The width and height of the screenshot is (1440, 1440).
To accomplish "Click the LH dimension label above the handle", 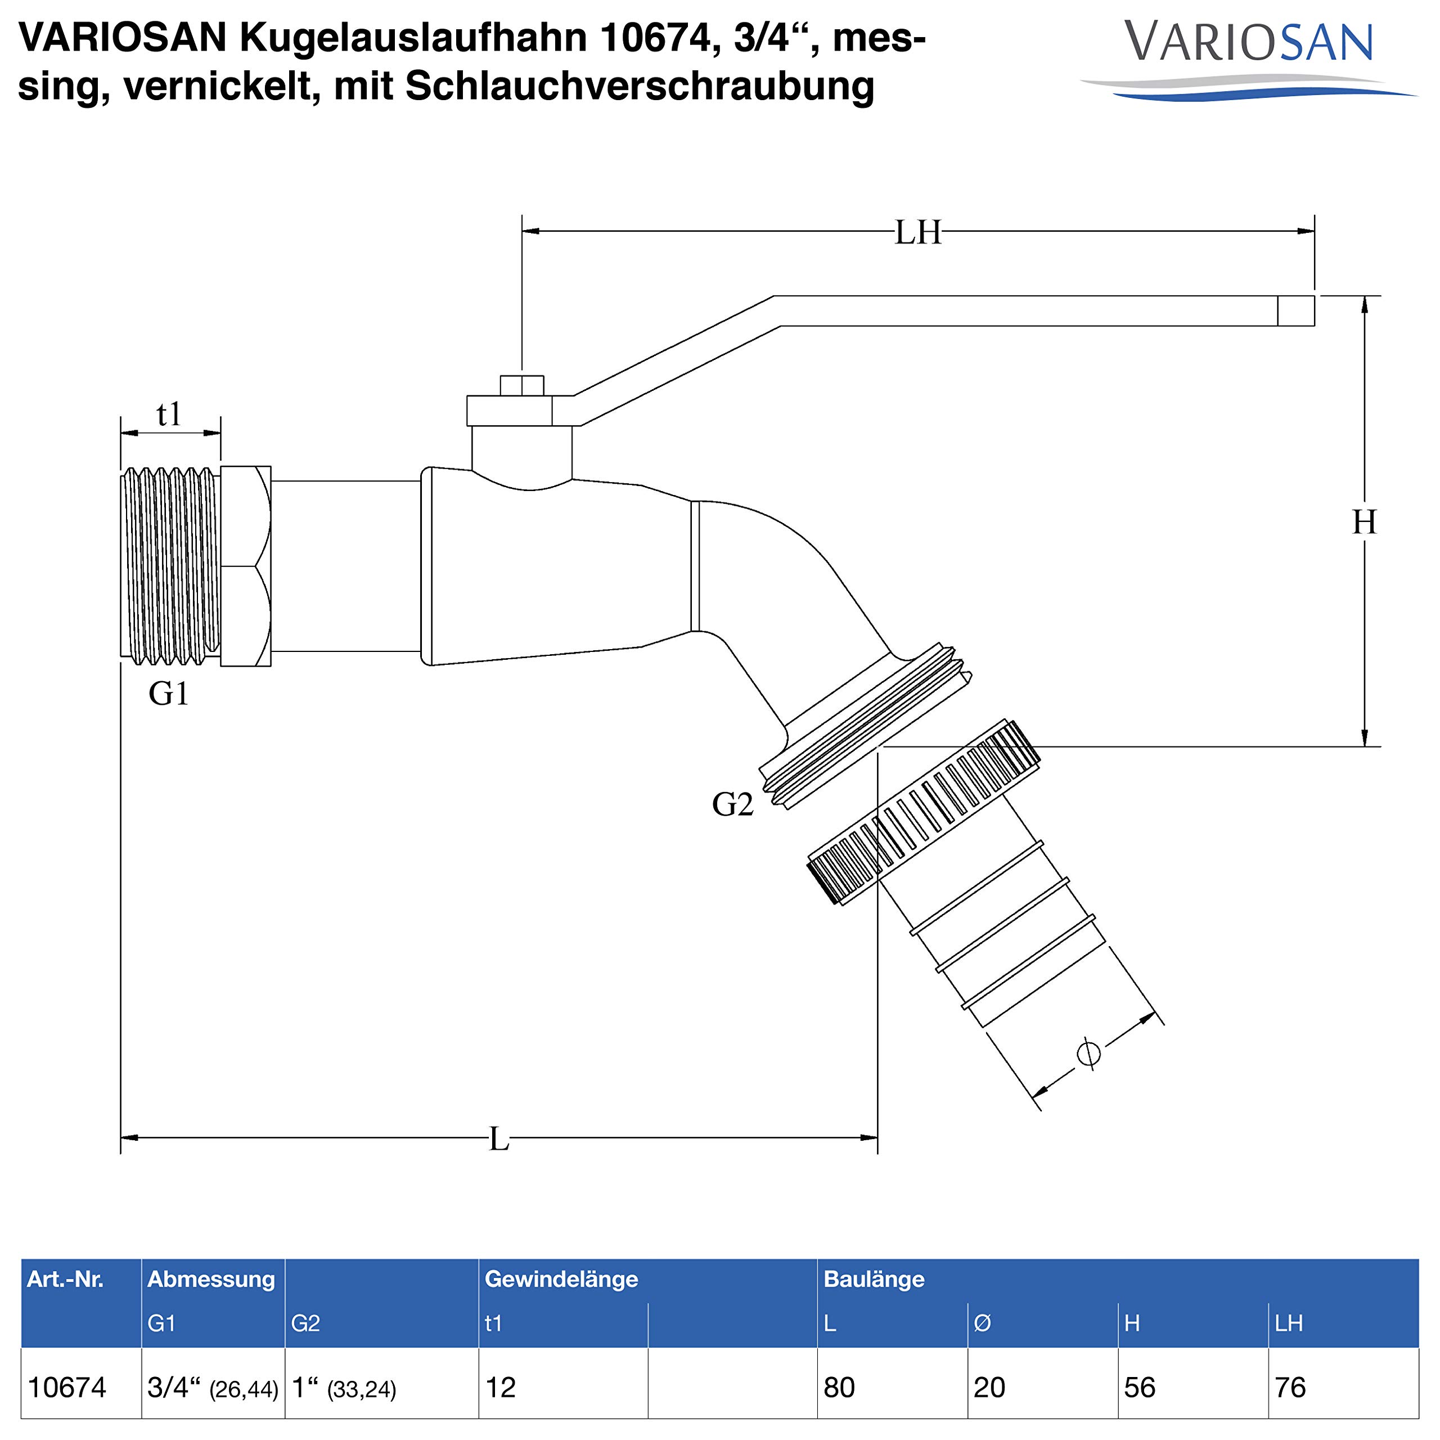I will [x=917, y=232].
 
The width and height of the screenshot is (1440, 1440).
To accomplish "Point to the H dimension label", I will [x=1364, y=523].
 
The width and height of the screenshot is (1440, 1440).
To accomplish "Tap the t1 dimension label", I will [x=169, y=415].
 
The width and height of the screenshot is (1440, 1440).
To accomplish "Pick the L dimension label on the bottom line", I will [x=498, y=1139].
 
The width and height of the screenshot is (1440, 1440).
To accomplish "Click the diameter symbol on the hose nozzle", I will [x=1089, y=1053].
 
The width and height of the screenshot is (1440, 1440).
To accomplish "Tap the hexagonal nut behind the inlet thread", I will [x=246, y=566].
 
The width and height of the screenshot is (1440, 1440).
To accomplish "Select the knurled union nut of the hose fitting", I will [x=924, y=812].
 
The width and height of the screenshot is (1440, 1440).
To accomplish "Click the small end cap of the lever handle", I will [x=1295, y=311].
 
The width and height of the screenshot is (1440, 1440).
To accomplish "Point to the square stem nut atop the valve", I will [x=522, y=385].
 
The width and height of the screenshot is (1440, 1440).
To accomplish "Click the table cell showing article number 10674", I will [x=67, y=1387].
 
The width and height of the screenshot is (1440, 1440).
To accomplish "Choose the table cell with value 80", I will [x=839, y=1387].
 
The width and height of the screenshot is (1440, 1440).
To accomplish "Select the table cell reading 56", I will [x=1140, y=1387].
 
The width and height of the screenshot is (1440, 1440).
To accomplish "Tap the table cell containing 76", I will [x=1290, y=1387].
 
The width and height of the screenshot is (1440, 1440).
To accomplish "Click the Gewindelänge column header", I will [x=561, y=1279].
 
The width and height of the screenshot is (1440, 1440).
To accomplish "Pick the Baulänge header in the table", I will [x=874, y=1279].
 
